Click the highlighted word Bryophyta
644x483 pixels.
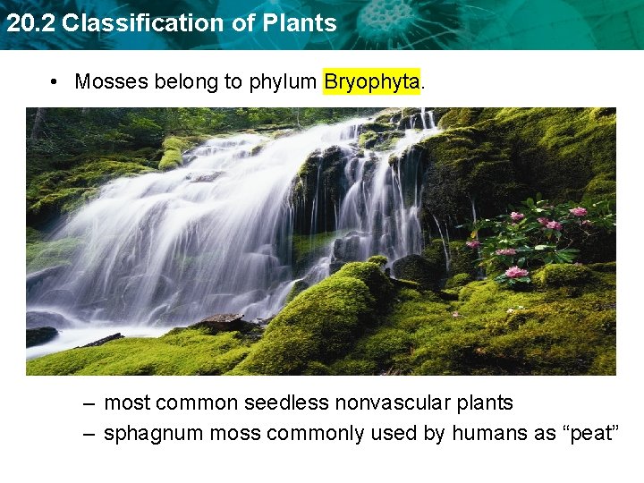tap(371, 82)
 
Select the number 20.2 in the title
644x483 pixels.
tap(30, 24)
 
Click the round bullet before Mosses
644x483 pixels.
tap(55, 82)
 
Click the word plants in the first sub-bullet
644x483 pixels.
tap(482, 403)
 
